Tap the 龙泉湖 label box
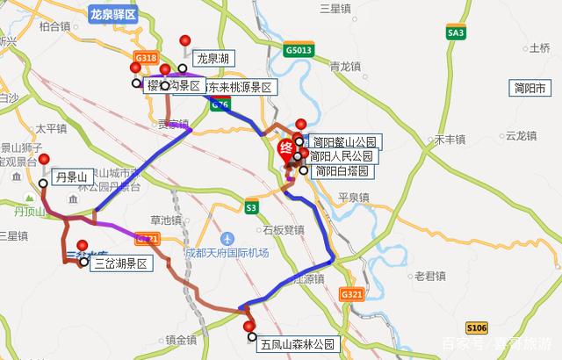point(213,59)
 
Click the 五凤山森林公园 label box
point(298,344)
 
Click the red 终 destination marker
point(286,149)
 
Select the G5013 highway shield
point(299,52)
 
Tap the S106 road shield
point(476,328)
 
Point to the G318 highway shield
point(145,56)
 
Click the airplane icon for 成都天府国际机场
point(227,238)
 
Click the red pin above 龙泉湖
point(184,41)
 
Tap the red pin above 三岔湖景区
point(83,247)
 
